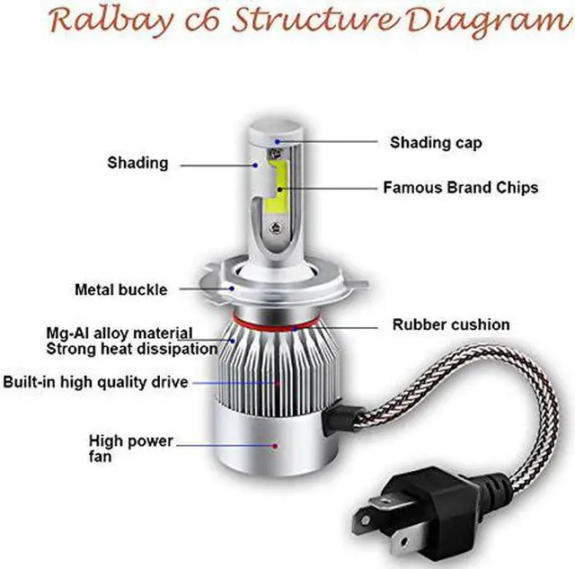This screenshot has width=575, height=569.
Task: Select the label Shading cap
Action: pos(435,142)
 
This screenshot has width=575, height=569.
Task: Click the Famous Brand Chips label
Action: pos(460,188)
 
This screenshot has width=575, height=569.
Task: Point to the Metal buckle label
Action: pos(120,289)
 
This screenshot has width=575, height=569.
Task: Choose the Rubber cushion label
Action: pos(451,325)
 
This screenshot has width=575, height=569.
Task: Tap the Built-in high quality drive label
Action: pos(95,382)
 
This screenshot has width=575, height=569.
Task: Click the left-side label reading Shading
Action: pos(137,163)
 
